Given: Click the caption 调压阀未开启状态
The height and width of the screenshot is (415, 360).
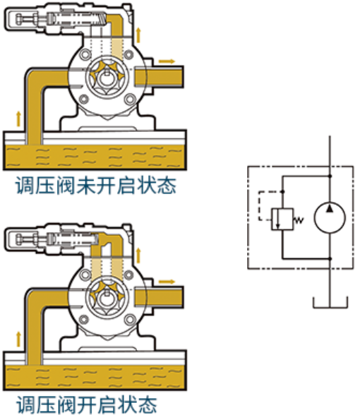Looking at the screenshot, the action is click(x=96, y=186).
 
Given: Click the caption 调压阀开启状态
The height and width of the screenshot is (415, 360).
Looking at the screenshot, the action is click(x=87, y=404).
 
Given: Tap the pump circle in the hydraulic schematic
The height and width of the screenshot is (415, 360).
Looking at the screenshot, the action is click(x=330, y=217).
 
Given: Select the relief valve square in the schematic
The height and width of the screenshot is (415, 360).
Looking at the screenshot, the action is click(x=282, y=219).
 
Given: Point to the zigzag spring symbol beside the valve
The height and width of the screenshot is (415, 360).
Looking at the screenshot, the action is click(x=298, y=219).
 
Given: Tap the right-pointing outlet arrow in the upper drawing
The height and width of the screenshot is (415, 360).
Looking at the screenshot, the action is click(x=167, y=61).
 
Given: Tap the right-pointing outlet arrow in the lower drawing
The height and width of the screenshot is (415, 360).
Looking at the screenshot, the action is click(x=167, y=282).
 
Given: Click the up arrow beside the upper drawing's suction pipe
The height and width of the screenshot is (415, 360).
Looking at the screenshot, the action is click(x=18, y=119).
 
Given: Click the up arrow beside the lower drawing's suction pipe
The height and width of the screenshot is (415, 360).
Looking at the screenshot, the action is click(x=18, y=339).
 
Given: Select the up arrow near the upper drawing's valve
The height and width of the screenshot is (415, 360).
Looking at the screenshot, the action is click(x=138, y=35).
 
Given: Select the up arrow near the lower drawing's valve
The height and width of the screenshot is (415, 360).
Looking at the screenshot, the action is click(x=138, y=255).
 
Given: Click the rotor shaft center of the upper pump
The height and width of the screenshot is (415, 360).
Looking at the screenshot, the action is click(x=107, y=77).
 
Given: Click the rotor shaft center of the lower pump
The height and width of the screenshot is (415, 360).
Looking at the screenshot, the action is click(x=107, y=298).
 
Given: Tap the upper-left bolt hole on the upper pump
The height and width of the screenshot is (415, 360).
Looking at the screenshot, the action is click(x=85, y=54).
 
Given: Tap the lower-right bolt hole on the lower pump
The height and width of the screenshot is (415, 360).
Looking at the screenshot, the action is click(x=130, y=320).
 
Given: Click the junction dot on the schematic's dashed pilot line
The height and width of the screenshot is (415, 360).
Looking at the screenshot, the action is click(x=282, y=191).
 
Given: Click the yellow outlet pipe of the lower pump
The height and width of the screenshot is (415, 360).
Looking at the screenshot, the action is click(x=159, y=297).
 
